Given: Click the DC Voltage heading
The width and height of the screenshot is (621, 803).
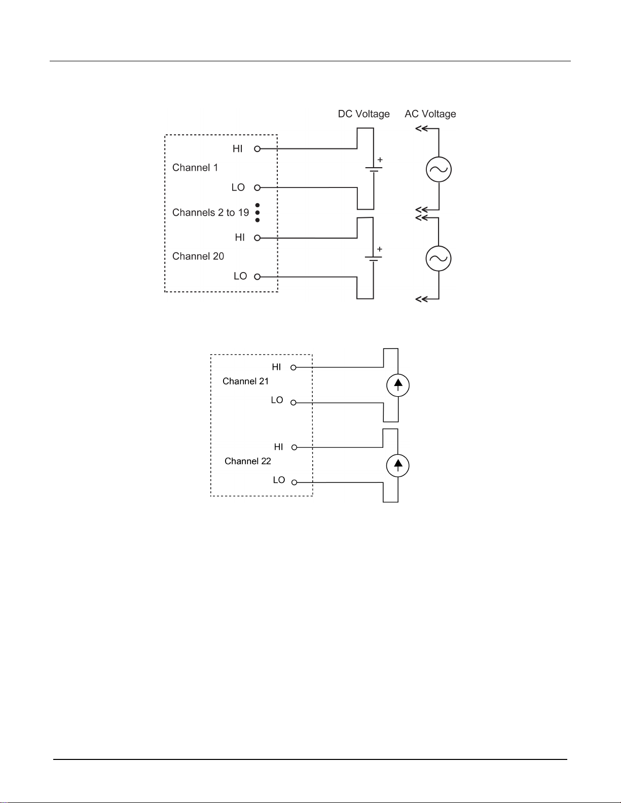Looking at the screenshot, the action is pyautogui.click(x=364, y=114).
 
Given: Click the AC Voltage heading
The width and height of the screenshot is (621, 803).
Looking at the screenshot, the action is pyautogui.click(x=430, y=114).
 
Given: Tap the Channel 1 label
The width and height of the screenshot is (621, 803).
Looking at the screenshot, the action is pyautogui.click(x=195, y=167).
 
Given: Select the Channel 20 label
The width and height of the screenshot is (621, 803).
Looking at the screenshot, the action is pyautogui.click(x=198, y=256).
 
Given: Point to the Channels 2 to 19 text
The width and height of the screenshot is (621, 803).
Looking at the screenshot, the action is pyautogui.click(x=211, y=212).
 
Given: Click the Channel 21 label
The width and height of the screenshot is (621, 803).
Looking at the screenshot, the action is pyautogui.click(x=245, y=381).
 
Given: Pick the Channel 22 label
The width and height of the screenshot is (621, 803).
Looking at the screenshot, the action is pyautogui.click(x=248, y=461).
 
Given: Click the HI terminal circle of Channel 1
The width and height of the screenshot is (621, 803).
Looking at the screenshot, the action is pyautogui.click(x=258, y=149).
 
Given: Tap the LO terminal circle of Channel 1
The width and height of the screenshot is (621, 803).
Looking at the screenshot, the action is pyautogui.click(x=258, y=188).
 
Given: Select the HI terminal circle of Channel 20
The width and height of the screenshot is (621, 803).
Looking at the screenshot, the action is pyautogui.click(x=258, y=238).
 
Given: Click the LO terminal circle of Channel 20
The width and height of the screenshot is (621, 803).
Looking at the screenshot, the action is pyautogui.click(x=258, y=277).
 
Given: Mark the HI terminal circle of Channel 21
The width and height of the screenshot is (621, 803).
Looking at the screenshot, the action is pyautogui.click(x=294, y=368).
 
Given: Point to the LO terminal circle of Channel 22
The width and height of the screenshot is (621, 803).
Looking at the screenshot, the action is pyautogui.click(x=294, y=482).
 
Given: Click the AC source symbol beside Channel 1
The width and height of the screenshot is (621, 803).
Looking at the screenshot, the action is pyautogui.click(x=439, y=169).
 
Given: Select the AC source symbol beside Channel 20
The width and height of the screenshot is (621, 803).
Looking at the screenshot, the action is pyautogui.click(x=439, y=258).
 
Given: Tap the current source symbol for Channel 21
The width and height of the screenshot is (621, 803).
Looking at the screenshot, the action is pyautogui.click(x=398, y=386).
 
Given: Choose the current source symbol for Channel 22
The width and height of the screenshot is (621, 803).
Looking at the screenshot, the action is pyautogui.click(x=398, y=465).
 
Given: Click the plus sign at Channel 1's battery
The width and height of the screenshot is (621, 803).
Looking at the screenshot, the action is pyautogui.click(x=380, y=160).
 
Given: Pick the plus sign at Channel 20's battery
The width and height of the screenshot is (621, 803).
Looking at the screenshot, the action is pyautogui.click(x=380, y=249).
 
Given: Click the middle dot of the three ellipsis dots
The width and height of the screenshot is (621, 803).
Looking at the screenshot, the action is pyautogui.click(x=258, y=213).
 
